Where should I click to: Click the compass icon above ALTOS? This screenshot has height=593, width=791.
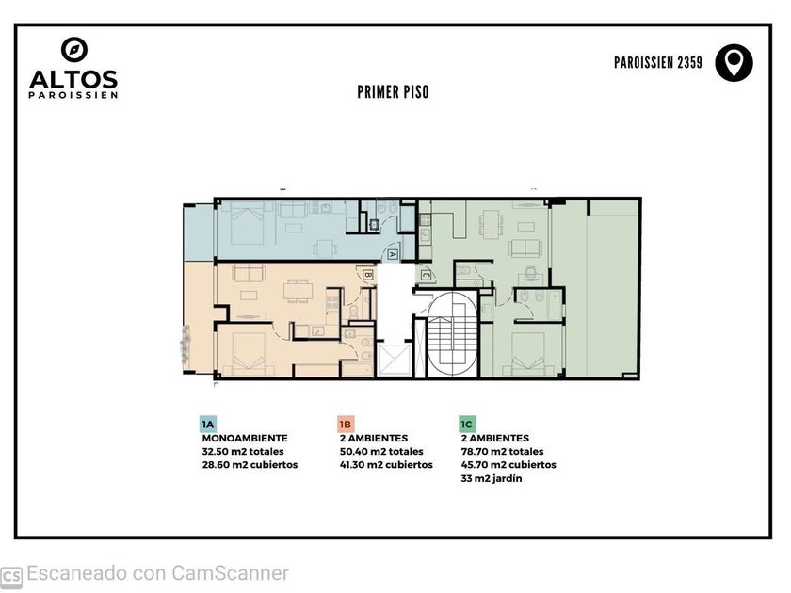point(74,50)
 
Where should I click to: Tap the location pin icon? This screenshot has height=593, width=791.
point(734,62)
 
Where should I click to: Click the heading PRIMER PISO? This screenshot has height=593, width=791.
point(393,92)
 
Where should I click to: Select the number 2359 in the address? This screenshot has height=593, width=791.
point(689,62)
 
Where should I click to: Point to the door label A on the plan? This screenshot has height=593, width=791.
point(393,255)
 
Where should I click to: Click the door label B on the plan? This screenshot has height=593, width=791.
point(368,275)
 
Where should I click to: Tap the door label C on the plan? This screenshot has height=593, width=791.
point(427,275)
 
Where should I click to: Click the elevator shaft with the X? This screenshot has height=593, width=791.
point(395,360)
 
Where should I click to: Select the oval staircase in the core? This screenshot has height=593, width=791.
point(453,334)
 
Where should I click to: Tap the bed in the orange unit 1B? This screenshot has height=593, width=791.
point(249,354)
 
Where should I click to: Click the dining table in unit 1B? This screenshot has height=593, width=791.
point(298,291)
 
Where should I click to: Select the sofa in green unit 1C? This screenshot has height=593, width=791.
point(526,248)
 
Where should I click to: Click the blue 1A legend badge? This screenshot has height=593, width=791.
point(208,425)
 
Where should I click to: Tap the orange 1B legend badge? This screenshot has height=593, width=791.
point(346,425)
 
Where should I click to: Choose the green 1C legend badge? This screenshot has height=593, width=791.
point(467,425)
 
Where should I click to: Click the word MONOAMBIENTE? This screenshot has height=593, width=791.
point(245,439)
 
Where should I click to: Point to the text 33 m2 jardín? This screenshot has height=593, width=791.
point(492,478)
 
